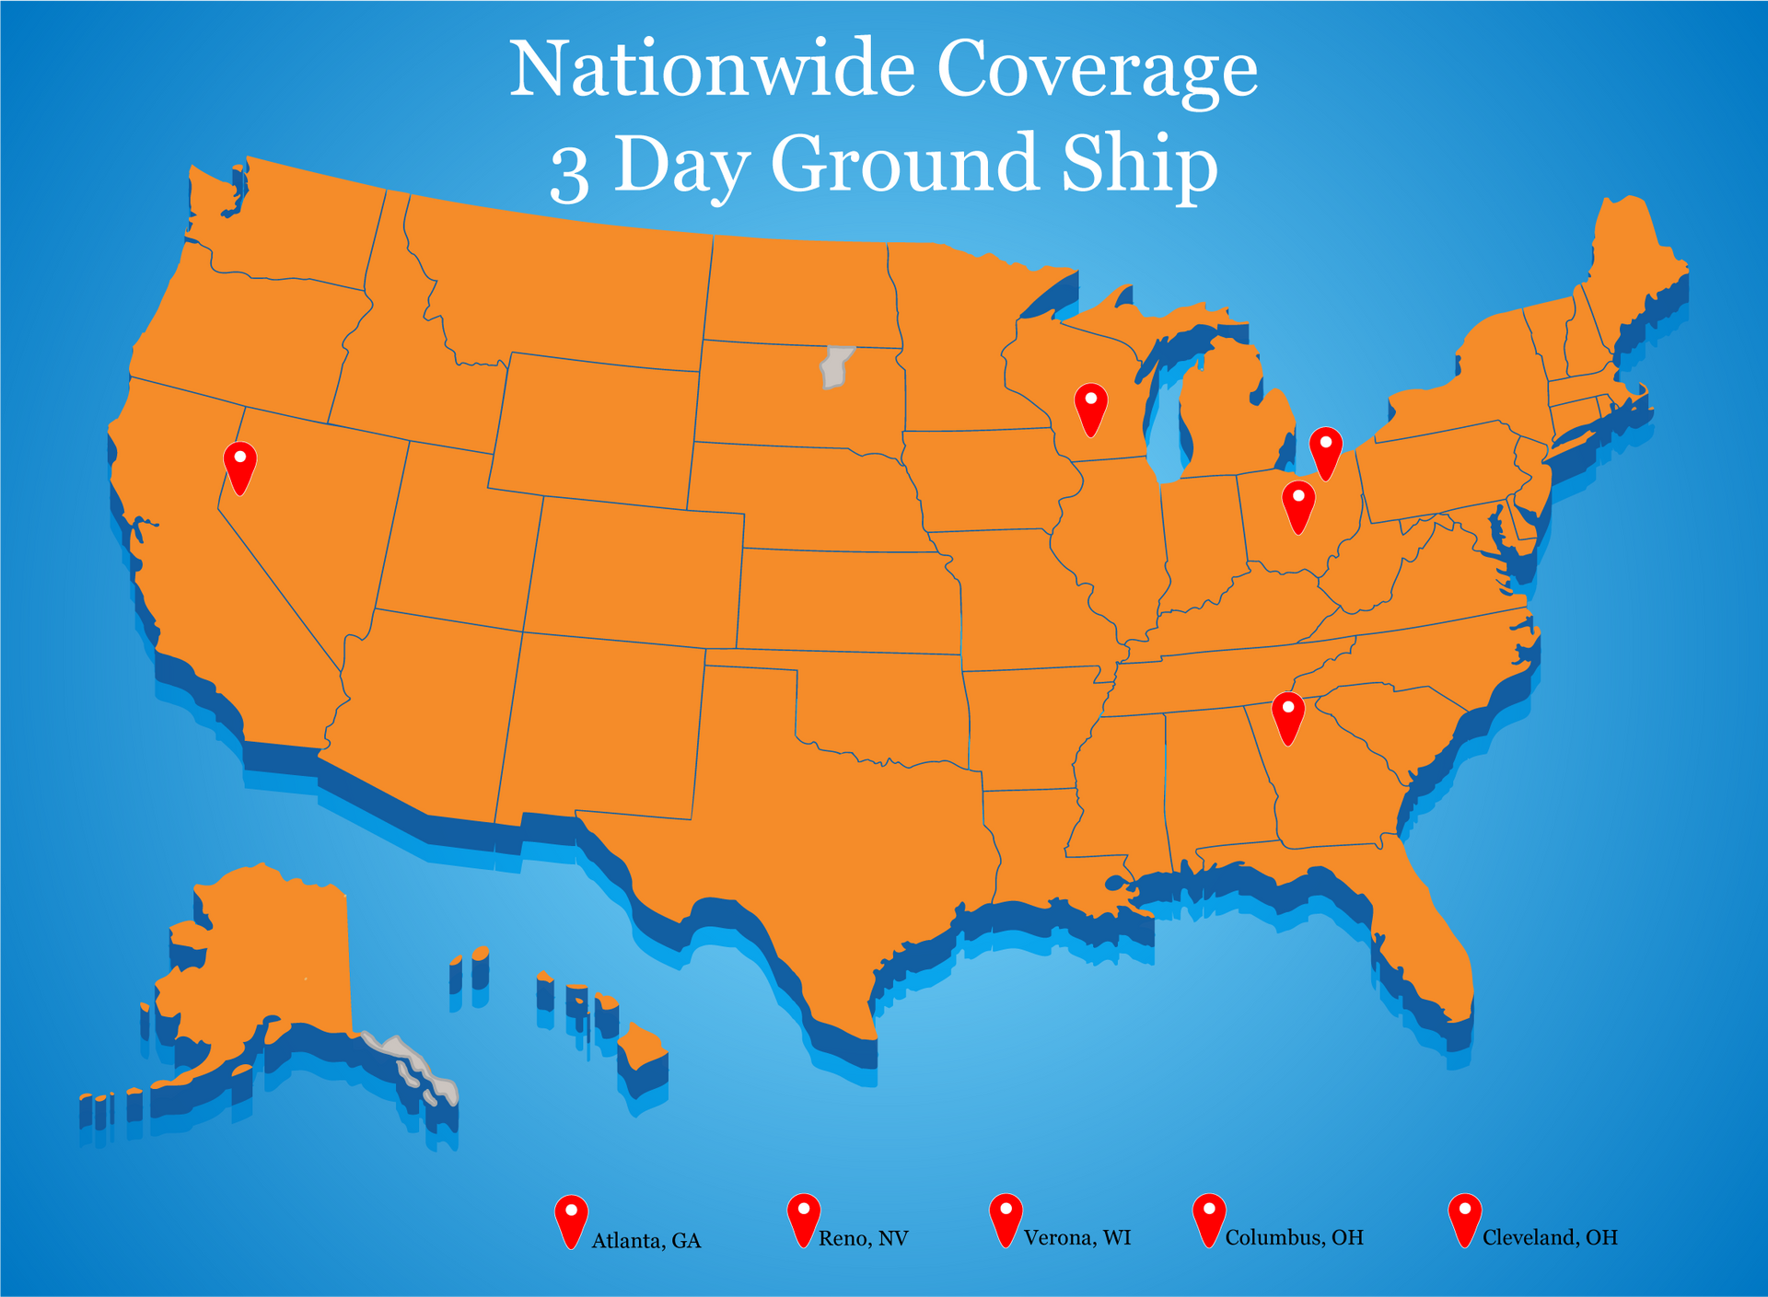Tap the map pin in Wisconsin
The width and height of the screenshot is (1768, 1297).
tap(1090, 407)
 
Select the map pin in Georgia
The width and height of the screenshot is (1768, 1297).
tap(1288, 716)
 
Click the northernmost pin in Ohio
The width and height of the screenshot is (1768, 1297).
tap(1325, 450)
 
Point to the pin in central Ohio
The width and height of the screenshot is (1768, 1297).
tap(1298, 504)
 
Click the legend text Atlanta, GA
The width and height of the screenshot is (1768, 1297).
tap(646, 1241)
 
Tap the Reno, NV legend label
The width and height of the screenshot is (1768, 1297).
tap(863, 1239)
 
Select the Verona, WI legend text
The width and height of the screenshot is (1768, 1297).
tap(1076, 1238)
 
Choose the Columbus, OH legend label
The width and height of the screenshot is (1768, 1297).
tap(1294, 1238)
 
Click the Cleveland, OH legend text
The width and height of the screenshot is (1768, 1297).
tap(1549, 1238)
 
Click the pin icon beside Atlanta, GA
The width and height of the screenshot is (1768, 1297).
tap(571, 1220)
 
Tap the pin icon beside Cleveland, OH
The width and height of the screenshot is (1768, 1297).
tap(1464, 1218)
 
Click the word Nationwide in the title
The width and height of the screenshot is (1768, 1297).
tap(712, 71)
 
